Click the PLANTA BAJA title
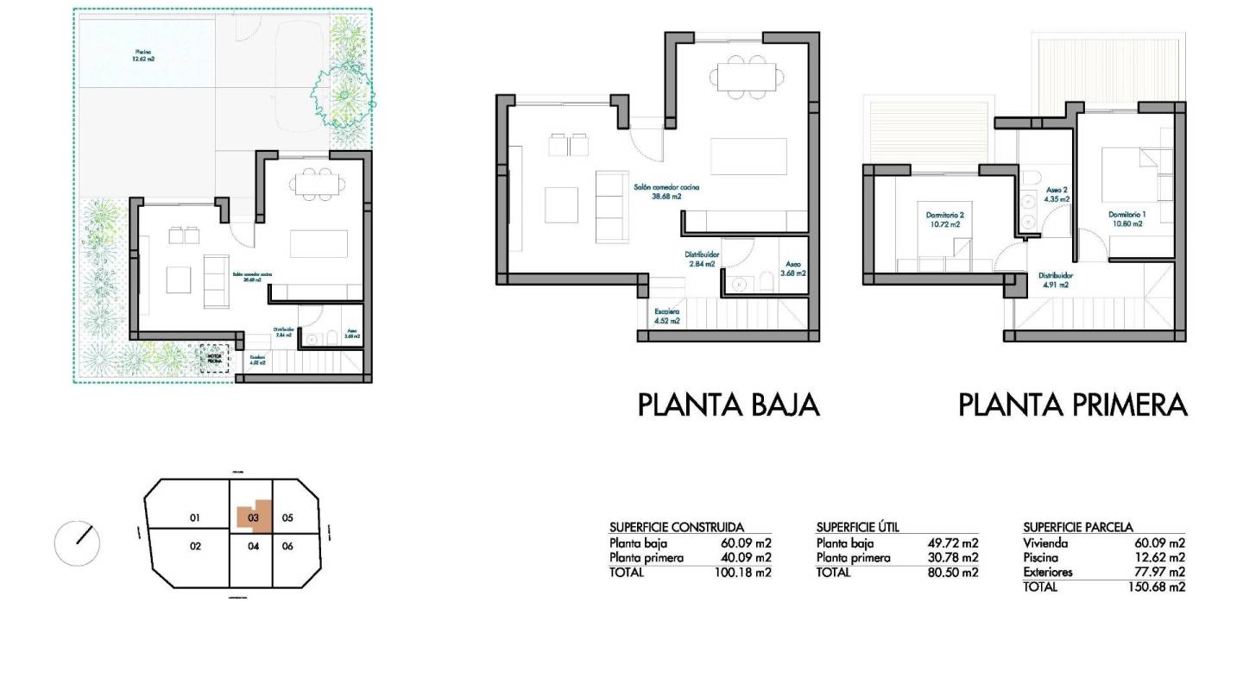729,405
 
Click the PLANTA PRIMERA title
1072,405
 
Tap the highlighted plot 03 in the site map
254,517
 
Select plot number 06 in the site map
288,546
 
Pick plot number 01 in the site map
195,517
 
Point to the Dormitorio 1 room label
1126,218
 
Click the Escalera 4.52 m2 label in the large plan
666,316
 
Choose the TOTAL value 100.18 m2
742,573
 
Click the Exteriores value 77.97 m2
1159,572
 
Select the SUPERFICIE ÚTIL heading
857,527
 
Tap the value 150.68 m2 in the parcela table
1159,587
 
